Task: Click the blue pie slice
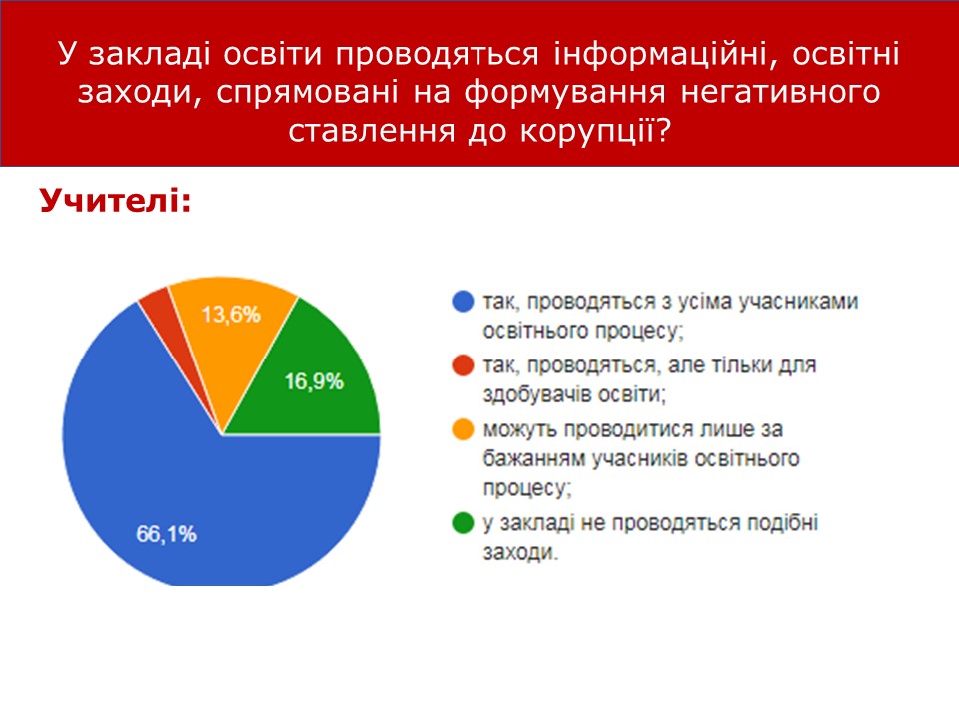pos(184,489)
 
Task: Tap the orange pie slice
pos(231,331)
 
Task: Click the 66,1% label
pos(167,534)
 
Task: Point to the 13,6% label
pos(231,315)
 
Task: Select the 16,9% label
pos(314,382)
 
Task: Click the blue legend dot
pos(463,301)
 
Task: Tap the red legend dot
pos(463,365)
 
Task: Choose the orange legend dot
pos(463,429)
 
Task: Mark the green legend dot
pos(463,522)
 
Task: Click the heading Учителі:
pos(116,200)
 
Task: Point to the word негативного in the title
pos(781,92)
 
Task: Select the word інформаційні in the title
pos(665,54)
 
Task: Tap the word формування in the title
pos(564,92)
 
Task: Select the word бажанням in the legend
pos(534,458)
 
